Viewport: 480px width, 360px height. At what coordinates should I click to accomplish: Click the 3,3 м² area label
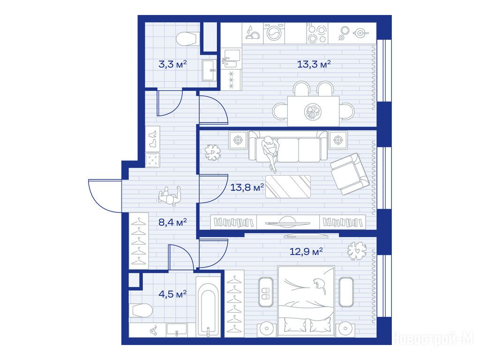[172, 64]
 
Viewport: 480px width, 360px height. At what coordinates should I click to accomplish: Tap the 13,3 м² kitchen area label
[314, 64]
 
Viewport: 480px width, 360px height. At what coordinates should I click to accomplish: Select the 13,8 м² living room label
[247, 187]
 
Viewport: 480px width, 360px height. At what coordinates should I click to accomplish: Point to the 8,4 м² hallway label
[172, 222]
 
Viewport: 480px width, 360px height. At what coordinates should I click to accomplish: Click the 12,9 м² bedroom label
[306, 252]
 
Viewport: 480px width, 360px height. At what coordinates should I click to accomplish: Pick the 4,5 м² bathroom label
[172, 294]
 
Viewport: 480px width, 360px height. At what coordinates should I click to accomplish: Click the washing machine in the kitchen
[274, 33]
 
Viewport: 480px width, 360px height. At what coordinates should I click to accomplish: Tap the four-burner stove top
[317, 33]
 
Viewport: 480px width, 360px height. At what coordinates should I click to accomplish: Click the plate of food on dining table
[313, 111]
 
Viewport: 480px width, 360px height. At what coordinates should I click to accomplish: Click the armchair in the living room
[350, 173]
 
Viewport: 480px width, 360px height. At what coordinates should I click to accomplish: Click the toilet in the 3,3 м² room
[186, 38]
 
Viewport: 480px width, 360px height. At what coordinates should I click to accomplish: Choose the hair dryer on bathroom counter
[153, 330]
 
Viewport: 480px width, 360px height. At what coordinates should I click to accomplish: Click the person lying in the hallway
[170, 196]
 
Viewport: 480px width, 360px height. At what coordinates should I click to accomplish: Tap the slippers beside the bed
[265, 292]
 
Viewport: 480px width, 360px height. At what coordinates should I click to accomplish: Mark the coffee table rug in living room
[288, 187]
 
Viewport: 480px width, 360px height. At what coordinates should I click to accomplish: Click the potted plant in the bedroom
[357, 251]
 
